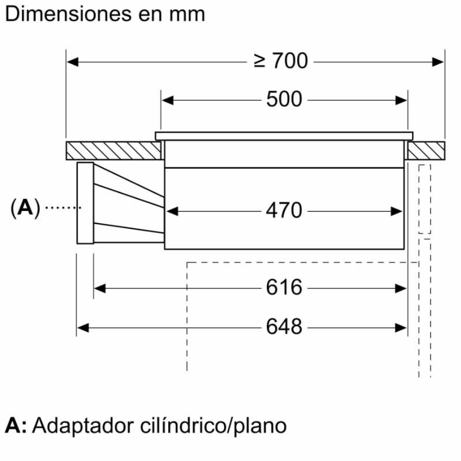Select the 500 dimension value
tap(284, 100)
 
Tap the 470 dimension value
tap(284, 211)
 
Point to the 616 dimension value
tap(284, 287)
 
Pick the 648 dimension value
tap(284, 327)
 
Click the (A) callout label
tap(25, 207)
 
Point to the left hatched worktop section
tap(113, 150)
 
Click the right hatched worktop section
tap(426, 150)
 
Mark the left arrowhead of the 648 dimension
tap(82, 327)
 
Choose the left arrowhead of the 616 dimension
tap(99, 287)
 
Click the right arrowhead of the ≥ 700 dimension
tap(439, 61)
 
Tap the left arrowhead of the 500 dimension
tap(167, 100)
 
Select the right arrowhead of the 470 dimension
tap(397, 211)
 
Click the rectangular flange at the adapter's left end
tap(85, 203)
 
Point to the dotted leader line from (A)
tap(62, 207)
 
